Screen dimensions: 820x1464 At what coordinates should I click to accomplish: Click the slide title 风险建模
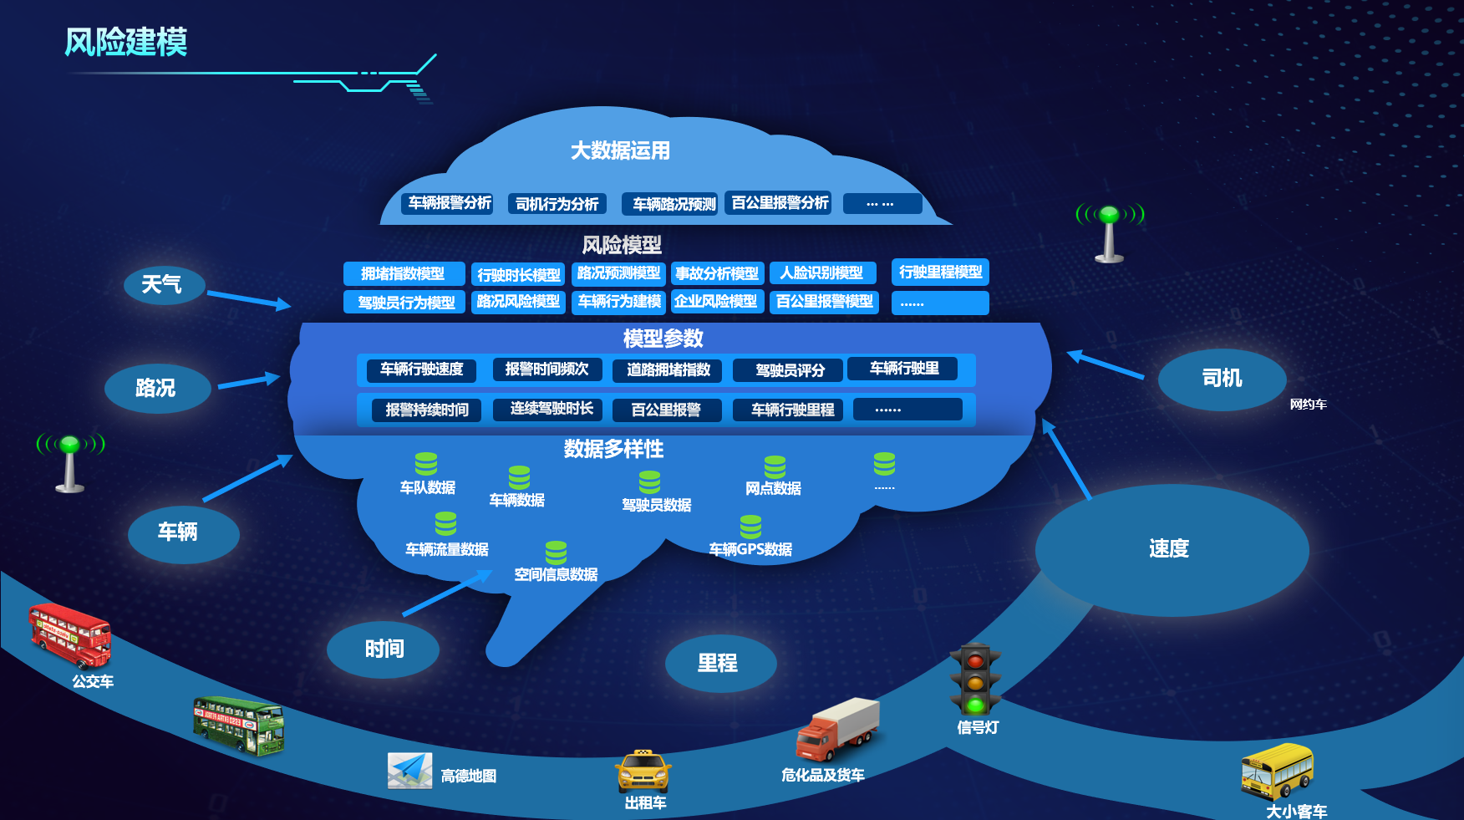coord(126,42)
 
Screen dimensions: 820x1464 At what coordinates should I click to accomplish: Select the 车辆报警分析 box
coord(450,203)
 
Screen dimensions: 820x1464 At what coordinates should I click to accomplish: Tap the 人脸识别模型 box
coord(822,273)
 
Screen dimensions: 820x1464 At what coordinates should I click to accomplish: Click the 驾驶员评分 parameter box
coord(789,369)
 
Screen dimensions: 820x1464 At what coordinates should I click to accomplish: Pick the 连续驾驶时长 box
coord(552,409)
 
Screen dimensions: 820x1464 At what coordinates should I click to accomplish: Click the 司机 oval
coord(1222,379)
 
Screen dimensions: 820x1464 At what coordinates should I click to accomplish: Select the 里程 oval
coord(719,664)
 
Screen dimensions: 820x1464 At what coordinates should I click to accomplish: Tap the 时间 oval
coord(384,649)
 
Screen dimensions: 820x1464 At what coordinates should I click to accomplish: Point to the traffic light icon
coord(975,679)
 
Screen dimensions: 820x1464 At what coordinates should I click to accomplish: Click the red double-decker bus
coord(69,635)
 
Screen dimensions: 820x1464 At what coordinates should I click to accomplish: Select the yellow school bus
coord(1277,771)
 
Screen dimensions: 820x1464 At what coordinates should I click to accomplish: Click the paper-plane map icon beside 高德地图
coord(409,771)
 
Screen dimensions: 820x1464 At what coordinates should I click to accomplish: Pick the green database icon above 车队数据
coord(426,464)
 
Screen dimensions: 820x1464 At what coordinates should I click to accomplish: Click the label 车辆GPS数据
coord(750,549)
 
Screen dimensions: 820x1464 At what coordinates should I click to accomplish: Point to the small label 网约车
coord(1308,405)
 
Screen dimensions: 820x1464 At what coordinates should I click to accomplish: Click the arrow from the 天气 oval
coord(248,299)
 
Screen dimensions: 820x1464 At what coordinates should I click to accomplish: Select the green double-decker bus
coord(239,726)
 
